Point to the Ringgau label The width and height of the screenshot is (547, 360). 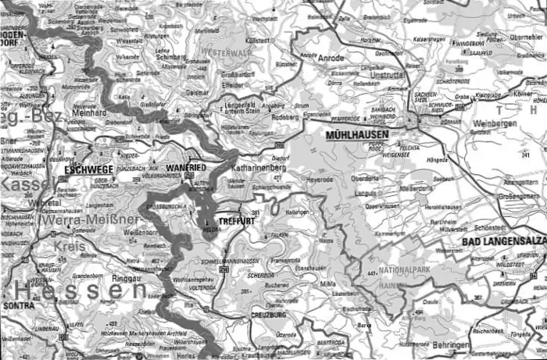[x=127, y=277]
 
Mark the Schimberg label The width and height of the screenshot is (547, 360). [x=171, y=57]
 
